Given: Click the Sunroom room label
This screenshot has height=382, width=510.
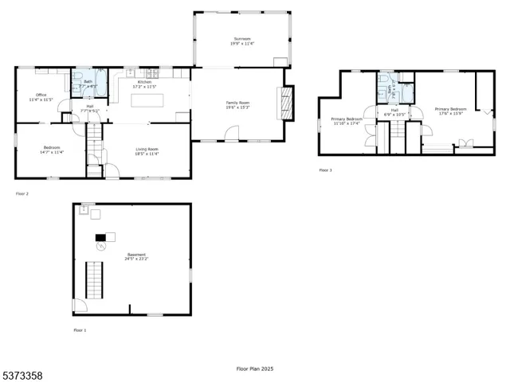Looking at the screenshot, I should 241,41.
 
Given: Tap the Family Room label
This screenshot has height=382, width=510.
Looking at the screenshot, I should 238,105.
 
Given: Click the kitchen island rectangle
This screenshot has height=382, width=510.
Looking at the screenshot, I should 149,100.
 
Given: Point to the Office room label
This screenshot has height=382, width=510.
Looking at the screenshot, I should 41,97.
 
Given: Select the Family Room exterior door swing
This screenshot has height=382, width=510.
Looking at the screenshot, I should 232,137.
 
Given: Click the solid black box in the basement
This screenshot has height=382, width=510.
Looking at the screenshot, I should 100,236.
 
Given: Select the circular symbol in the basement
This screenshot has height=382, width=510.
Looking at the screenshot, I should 101,248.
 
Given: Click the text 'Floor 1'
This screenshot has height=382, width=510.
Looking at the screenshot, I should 80,329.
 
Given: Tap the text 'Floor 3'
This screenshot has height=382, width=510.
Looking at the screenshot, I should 325,170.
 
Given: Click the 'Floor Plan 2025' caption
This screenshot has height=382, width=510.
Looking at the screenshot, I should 254,368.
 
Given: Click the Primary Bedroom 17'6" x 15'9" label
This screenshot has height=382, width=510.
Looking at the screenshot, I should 450,111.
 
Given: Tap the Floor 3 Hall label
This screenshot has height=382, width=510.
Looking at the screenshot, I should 394,112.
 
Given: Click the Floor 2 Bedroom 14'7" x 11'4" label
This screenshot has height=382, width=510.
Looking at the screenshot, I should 50,151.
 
